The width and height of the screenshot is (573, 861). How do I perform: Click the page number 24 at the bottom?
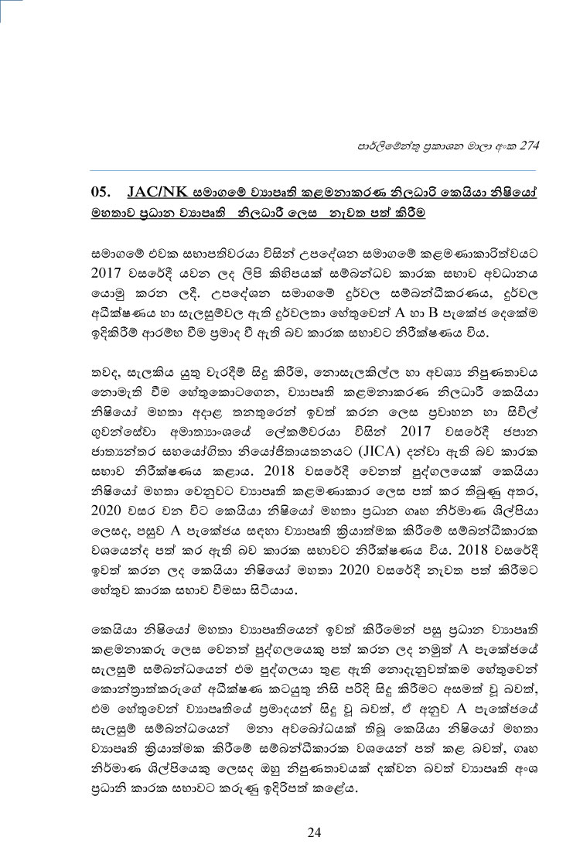(x=313, y=832)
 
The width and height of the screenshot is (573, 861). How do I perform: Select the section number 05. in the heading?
(x=103, y=192)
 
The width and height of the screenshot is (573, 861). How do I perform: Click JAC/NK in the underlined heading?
(x=157, y=192)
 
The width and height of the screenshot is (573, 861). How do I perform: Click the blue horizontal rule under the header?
(x=314, y=170)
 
